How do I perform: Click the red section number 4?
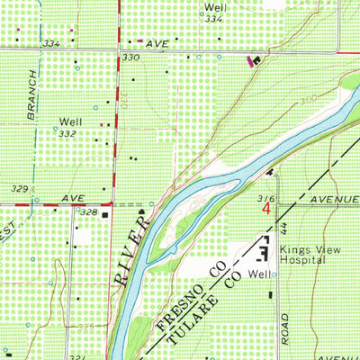[267, 208]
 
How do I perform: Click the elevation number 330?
[131, 57]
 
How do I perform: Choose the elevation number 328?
[87, 211]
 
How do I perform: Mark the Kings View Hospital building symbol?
[265, 247]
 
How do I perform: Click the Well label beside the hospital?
[260, 274]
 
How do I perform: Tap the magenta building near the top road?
[249, 60]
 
